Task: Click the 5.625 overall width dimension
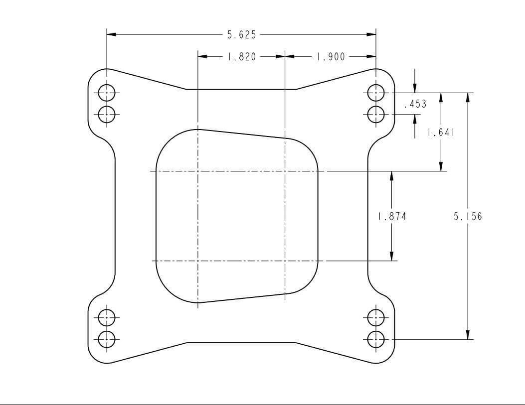(242, 35)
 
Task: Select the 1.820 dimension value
(242, 57)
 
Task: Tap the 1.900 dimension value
(331, 57)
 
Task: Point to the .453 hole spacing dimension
(415, 104)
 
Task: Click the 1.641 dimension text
(440, 133)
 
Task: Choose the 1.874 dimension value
(392, 216)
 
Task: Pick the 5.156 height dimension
(468, 216)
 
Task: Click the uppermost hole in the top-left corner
(107, 93)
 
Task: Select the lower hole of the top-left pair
(107, 114)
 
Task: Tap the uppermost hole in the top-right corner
(376, 93)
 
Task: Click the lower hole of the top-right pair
(376, 114)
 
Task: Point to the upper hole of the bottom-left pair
(107, 317)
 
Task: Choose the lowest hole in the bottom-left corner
(107, 339)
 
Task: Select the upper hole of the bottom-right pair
(376, 317)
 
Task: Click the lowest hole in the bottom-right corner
(376, 339)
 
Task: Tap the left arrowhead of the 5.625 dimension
(111, 35)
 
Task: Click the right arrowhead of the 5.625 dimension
(371, 35)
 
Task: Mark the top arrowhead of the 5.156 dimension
(468, 97)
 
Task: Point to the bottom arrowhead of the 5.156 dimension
(468, 334)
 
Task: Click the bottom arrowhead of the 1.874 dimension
(392, 256)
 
